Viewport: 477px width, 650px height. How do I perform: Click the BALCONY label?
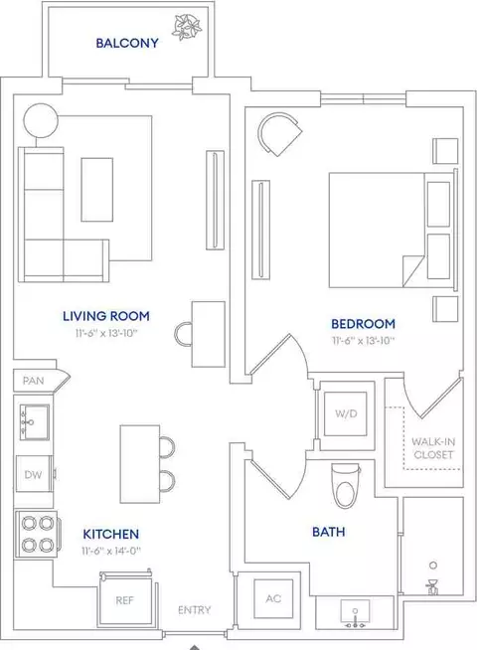click(x=127, y=43)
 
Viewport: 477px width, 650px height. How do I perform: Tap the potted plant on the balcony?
click(x=187, y=28)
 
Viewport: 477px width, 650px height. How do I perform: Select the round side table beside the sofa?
click(x=41, y=120)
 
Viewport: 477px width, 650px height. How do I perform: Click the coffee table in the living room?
click(x=97, y=190)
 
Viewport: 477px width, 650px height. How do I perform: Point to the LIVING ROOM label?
click(x=106, y=316)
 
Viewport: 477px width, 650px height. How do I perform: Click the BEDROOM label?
click(x=363, y=324)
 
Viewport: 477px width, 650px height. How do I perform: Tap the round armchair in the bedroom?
click(x=279, y=135)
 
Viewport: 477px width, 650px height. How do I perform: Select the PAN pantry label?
click(x=34, y=381)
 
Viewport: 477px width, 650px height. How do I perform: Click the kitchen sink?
click(x=35, y=422)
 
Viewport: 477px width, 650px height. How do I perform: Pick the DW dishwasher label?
click(x=33, y=475)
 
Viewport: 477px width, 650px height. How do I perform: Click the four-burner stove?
click(x=38, y=535)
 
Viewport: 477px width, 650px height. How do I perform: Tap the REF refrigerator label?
click(x=125, y=600)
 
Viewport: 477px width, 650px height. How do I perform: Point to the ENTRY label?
click(x=195, y=610)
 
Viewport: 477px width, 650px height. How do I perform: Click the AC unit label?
click(x=273, y=598)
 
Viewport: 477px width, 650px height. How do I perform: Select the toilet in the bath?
click(x=346, y=485)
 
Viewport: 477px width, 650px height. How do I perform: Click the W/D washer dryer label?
click(x=346, y=413)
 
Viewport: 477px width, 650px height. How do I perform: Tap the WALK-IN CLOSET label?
click(x=433, y=448)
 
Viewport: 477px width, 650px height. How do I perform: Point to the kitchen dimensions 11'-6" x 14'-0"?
click(x=111, y=551)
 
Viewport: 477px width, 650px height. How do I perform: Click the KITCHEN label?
click(x=111, y=534)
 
